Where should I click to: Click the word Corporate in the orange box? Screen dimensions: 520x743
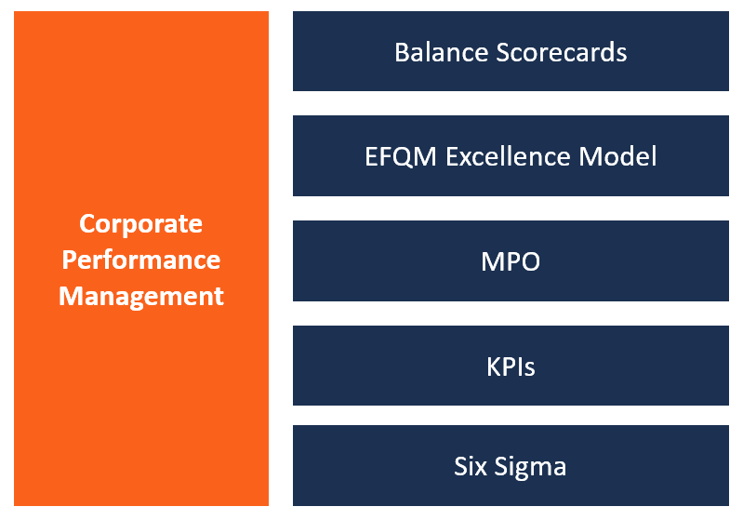coord(140,224)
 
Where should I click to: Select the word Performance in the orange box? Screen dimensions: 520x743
coord(140,260)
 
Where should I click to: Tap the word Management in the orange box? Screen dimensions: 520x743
coord(140,296)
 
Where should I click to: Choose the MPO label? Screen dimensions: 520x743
coord(511,261)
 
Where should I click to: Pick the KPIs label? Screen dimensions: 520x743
coord(511,367)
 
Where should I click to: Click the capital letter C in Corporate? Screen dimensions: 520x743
coord(86,224)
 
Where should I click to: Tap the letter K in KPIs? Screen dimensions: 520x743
coord(493,367)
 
